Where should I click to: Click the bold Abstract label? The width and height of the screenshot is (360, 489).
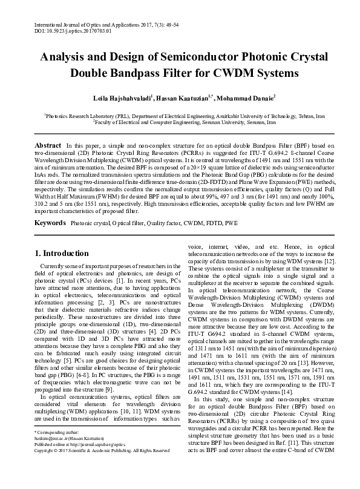[x=48, y=146]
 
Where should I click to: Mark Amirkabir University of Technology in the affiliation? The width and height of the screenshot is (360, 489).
[x=249, y=114]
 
